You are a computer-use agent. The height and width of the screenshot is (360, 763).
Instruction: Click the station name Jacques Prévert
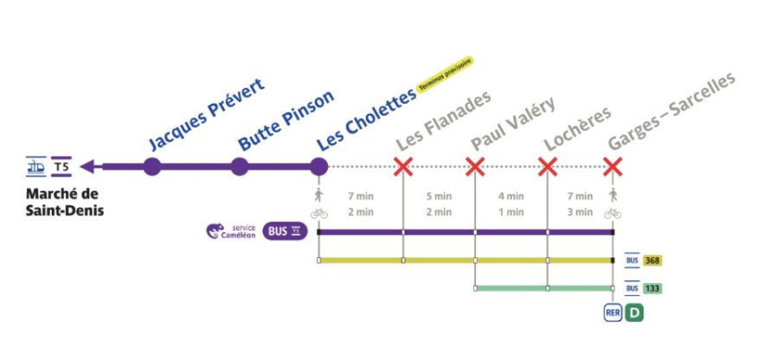click(x=206, y=114)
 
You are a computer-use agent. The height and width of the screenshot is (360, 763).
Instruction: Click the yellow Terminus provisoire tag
click(x=445, y=73)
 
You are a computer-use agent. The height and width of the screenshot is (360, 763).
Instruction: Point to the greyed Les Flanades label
click(x=442, y=121)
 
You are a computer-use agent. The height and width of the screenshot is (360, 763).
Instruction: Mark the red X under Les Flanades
click(x=403, y=167)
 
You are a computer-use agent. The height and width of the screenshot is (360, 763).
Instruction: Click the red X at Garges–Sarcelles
click(x=612, y=167)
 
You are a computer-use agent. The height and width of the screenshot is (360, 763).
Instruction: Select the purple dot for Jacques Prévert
click(x=153, y=167)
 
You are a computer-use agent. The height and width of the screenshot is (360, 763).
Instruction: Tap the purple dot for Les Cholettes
click(x=319, y=167)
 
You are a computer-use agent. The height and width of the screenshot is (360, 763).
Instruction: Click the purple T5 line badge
click(x=62, y=167)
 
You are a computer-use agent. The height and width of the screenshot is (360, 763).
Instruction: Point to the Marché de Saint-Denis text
click(x=63, y=202)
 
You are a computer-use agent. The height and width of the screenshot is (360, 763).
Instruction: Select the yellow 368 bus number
click(x=652, y=261)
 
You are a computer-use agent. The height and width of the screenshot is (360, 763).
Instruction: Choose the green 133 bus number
click(x=652, y=289)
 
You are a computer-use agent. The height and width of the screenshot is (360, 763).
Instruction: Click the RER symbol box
click(x=612, y=313)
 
